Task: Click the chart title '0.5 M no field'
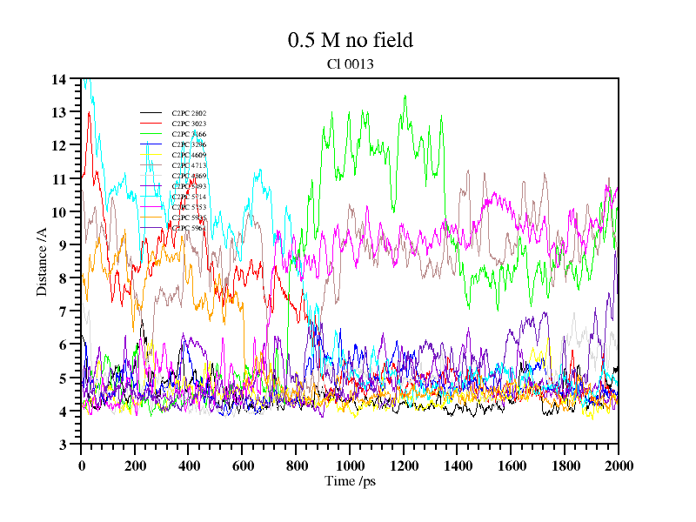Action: pyautogui.click(x=350, y=40)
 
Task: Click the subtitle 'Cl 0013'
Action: pyautogui.click(x=350, y=64)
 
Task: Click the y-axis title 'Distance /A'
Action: pyautogui.click(x=42, y=262)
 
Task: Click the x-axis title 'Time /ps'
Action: pyautogui.click(x=349, y=480)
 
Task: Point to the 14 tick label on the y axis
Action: pyautogui.click(x=58, y=80)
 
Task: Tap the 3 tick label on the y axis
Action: pyautogui.click(x=62, y=445)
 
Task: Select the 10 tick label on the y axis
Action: pyautogui.click(x=58, y=212)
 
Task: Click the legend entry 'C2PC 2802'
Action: pyautogui.click(x=189, y=113)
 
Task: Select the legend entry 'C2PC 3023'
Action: pyautogui.click(x=189, y=124)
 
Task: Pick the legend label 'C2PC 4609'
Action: pyautogui.click(x=189, y=155)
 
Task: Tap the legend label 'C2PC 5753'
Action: pyautogui.click(x=189, y=207)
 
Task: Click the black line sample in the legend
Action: pyautogui.click(x=151, y=113)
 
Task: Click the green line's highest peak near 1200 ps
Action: pyautogui.click(x=405, y=97)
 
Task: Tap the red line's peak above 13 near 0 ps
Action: pyautogui.click(x=89, y=112)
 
